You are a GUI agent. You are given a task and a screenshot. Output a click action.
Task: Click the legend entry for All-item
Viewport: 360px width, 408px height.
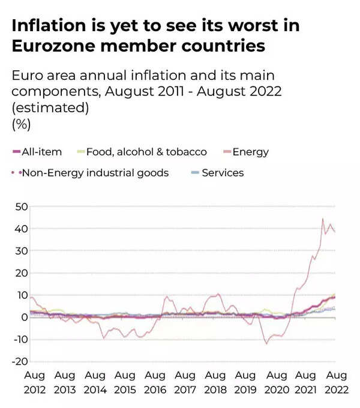(41, 152)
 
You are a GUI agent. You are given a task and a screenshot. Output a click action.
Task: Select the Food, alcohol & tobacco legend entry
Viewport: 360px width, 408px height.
(146, 152)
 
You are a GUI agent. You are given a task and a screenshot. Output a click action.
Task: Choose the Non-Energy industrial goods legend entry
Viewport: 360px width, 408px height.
(95, 173)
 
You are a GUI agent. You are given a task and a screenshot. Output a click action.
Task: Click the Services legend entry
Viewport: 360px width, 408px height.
(222, 173)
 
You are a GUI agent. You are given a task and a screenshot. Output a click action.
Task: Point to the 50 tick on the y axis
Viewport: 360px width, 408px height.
(22, 206)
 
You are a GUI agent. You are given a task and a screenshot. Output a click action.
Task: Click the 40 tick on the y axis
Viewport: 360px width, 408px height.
(22, 229)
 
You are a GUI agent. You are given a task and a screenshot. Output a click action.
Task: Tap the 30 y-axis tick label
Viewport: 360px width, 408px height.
(22, 251)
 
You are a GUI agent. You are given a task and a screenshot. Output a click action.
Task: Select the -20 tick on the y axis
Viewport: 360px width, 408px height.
(20, 361)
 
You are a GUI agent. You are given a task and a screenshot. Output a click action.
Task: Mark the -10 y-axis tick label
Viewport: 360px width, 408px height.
(20, 339)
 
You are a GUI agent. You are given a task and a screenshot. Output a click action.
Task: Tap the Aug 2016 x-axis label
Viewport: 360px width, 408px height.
(155, 382)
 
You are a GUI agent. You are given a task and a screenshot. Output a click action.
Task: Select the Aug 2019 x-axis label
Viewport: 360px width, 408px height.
(245, 382)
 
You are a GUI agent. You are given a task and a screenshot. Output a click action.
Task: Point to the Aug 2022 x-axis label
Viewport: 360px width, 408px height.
(336, 382)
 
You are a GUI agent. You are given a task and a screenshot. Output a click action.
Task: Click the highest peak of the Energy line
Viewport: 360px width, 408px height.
(323, 219)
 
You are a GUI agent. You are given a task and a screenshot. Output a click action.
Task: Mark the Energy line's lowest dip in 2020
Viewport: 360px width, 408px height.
(266, 343)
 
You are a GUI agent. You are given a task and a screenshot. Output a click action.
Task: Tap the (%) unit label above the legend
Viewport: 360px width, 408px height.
(21, 124)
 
